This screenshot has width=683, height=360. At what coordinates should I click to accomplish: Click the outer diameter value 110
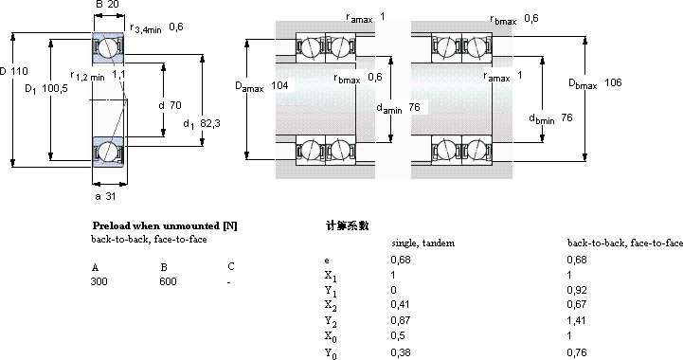coord(20,71)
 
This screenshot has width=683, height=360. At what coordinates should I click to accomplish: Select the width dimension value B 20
coord(107,5)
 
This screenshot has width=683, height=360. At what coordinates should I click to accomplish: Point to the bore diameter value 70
coord(175,105)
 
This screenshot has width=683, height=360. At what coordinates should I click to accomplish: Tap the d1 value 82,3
coord(210,123)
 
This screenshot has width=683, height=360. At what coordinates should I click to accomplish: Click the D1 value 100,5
coord(55,88)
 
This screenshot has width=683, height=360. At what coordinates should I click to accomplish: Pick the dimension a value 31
coord(111,196)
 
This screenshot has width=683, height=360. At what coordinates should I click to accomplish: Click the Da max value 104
coord(279,85)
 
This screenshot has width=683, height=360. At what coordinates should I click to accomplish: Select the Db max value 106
coord(613,82)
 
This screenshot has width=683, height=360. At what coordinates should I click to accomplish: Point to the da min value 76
coord(414,107)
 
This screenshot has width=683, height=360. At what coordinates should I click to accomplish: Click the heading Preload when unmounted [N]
coord(165,225)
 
